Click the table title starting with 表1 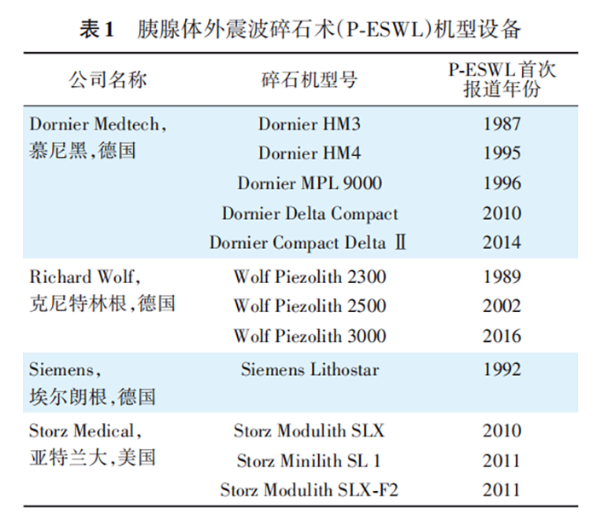coord(299,29)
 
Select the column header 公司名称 coord(108,80)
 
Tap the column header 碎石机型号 coord(309,80)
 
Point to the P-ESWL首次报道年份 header coord(501,80)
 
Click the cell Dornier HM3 coord(310,124)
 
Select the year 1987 coord(501,124)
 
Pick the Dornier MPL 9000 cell coord(310,183)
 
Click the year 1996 coord(501,183)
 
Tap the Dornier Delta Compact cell coord(310,213)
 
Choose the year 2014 coord(501,243)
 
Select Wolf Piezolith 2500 coord(310,306)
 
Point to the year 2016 coord(501,336)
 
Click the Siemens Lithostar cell coord(310,370)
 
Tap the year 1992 coord(501,370)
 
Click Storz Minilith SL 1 coord(309,461)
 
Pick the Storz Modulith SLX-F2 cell coord(309,490)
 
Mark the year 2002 coord(501,306)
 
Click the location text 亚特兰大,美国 coord(93,458)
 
